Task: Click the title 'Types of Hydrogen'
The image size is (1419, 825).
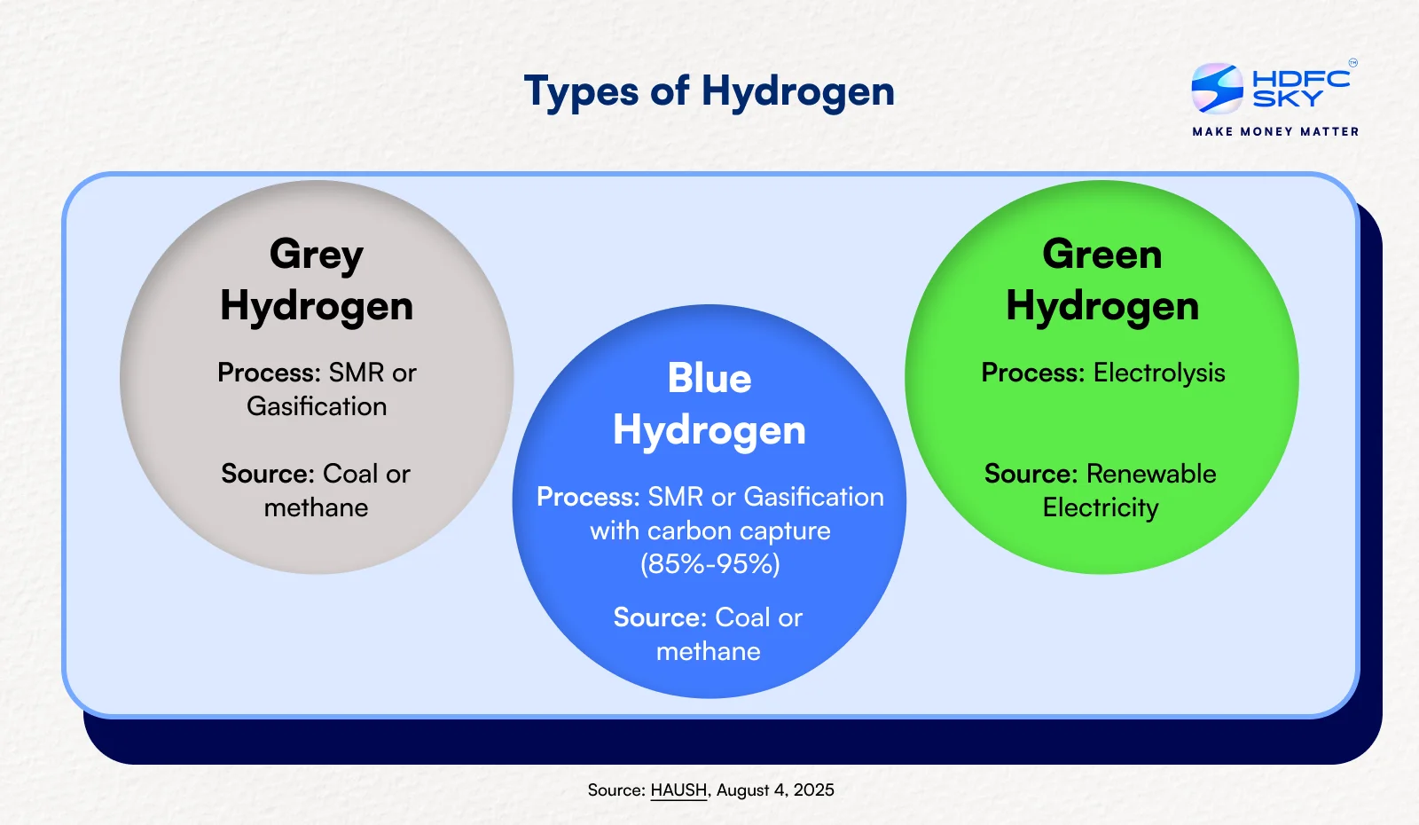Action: [x=709, y=91]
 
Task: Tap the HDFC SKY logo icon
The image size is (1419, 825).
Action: [x=1217, y=88]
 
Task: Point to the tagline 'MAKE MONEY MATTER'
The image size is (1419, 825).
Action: [x=1275, y=131]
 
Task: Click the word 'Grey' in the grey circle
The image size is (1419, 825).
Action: [x=317, y=255]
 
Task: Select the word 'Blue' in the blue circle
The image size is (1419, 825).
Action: [x=709, y=379]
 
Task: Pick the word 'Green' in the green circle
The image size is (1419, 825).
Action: [x=1102, y=255]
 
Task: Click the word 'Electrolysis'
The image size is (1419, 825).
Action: [x=1159, y=373]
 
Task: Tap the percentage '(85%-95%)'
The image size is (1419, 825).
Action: [x=710, y=564]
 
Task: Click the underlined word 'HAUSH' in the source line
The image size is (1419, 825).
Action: [x=678, y=790]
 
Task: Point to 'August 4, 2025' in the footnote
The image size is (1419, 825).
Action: [x=775, y=790]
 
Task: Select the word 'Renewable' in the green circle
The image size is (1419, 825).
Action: [x=1151, y=474]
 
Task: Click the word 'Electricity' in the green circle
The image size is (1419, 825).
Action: [x=1101, y=508]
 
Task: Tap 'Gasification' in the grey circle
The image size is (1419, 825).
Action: [x=317, y=406]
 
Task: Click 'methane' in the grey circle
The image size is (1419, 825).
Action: [x=317, y=507]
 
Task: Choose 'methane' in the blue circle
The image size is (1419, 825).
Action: [x=709, y=651]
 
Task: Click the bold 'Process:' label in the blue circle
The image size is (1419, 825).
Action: [x=588, y=497]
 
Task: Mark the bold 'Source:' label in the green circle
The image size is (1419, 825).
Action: [x=1031, y=474]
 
